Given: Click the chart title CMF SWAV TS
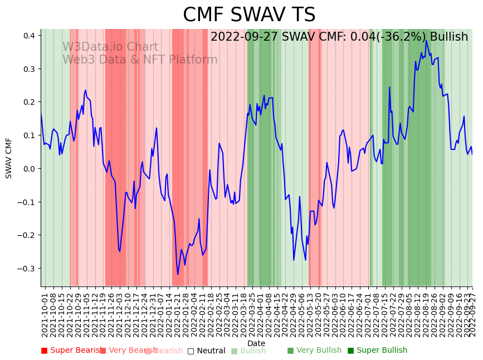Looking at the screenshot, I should [249, 15].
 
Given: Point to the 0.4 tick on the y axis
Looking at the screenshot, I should [30, 35].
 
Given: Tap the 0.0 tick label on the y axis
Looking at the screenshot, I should [30, 168].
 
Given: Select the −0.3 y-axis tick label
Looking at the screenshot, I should [27, 268].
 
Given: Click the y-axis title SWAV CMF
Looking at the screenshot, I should [9, 158].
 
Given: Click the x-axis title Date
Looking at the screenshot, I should [256, 343].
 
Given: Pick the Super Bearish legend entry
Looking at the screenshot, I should [71, 351].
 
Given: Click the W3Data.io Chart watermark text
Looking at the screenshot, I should [110, 47].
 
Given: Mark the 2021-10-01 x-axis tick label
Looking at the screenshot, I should [45, 312].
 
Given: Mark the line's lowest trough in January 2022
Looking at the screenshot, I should [178, 274].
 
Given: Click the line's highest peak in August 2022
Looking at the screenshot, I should [426, 40].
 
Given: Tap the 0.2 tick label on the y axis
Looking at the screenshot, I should [30, 102].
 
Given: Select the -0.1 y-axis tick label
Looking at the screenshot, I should [27, 202].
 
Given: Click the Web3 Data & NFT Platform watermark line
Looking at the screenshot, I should [139, 60].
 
